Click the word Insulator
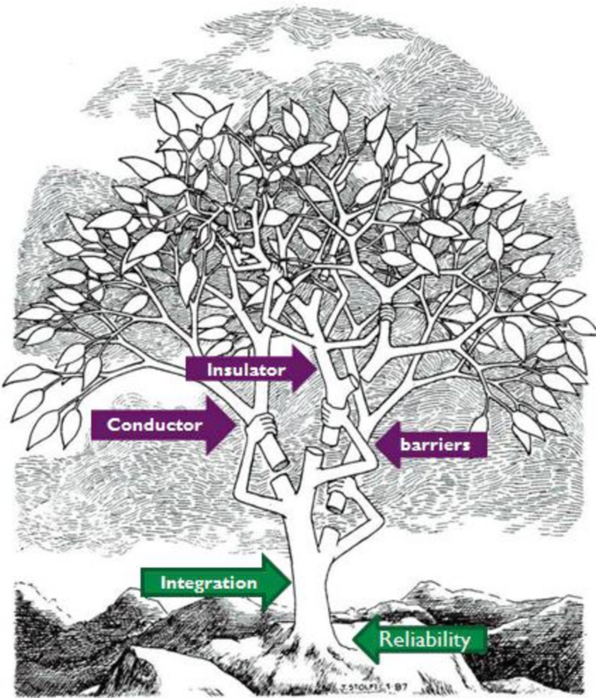pos(246,370)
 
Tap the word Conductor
pos(154,425)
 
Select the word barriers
pos(435,444)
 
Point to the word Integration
pos(208,583)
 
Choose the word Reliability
pos(424,640)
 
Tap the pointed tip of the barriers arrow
pos(376,444)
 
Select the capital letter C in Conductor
pos(113,425)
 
